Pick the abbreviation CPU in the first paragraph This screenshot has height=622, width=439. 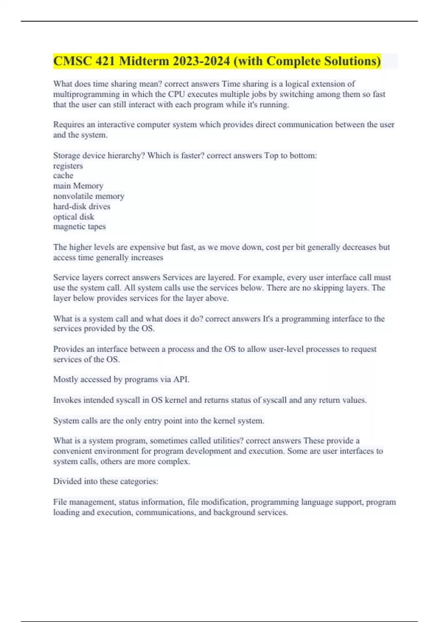coord(176,94)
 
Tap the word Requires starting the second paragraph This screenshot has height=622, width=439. coord(68,125)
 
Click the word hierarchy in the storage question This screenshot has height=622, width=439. coord(126,155)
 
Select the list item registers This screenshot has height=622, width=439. coord(68,166)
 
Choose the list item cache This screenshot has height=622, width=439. coord(63,176)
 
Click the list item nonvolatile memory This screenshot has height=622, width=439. coord(89,196)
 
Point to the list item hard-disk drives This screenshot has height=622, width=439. coord(82,206)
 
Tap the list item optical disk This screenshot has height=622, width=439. coord(74,217)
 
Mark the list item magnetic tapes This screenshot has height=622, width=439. coord(79,226)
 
